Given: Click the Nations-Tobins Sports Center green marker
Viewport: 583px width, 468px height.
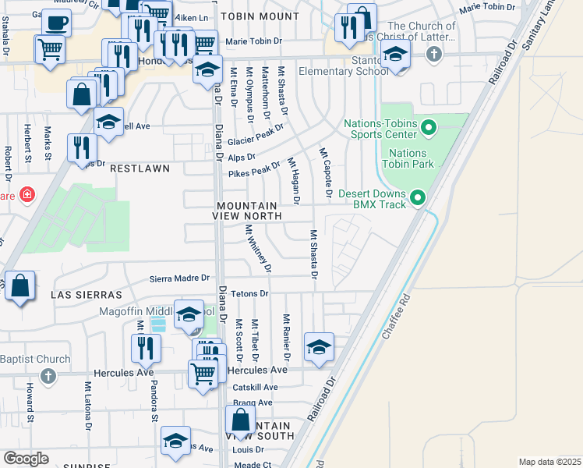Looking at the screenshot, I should tap(428, 126).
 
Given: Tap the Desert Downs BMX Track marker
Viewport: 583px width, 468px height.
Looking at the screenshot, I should tap(418, 198).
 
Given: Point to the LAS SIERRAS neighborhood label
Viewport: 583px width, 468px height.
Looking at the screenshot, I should tap(87, 295).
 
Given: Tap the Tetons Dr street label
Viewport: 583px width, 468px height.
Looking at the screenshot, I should tap(250, 294).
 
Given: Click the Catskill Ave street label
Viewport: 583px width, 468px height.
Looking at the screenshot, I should tap(255, 387).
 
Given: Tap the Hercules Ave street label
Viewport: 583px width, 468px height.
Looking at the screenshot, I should tap(124, 373).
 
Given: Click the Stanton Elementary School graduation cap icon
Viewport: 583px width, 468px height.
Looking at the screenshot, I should tap(396, 55).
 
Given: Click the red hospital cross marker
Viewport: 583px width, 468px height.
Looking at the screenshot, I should tap(28, 193).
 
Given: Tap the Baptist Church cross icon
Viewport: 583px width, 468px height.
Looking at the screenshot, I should tap(48, 377).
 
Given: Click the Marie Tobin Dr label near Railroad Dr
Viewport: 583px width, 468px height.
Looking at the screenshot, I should tap(489, 9).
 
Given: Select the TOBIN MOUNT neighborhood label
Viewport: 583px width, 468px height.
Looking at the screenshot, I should tap(253, 16).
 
